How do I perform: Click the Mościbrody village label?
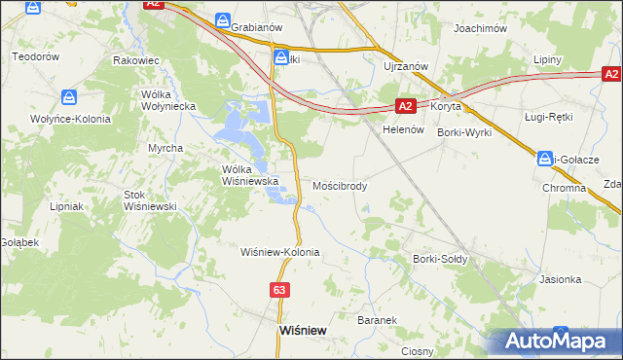pyautogui.click(x=340, y=185)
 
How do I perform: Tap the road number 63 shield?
pyautogui.click(x=279, y=290)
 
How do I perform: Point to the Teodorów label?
pyautogui.click(x=36, y=56)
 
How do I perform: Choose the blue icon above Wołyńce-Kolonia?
pyautogui.click(x=69, y=97)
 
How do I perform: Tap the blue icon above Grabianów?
pyautogui.click(x=224, y=20)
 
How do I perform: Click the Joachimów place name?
pyautogui.click(x=482, y=29)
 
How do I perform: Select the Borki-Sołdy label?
pyautogui.click(x=441, y=260)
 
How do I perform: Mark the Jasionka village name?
pyautogui.click(x=561, y=279)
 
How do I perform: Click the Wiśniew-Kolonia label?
pyautogui.click(x=280, y=252)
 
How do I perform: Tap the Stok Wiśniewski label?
pyautogui.click(x=149, y=200)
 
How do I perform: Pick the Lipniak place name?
pyautogui.click(x=69, y=206)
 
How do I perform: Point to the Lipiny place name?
pyautogui.click(x=548, y=60)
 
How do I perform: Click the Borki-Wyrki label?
pyautogui.click(x=464, y=131)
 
